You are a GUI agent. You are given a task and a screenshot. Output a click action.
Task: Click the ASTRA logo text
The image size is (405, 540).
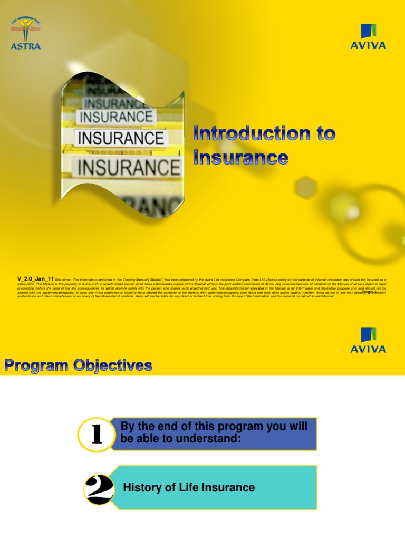point(25,46)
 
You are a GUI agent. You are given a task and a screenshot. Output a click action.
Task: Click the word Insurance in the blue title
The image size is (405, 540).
point(240,157)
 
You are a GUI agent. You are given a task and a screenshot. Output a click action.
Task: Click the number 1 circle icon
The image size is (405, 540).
point(97,436)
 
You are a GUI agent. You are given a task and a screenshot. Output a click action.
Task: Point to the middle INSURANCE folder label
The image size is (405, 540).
point(121,139)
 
